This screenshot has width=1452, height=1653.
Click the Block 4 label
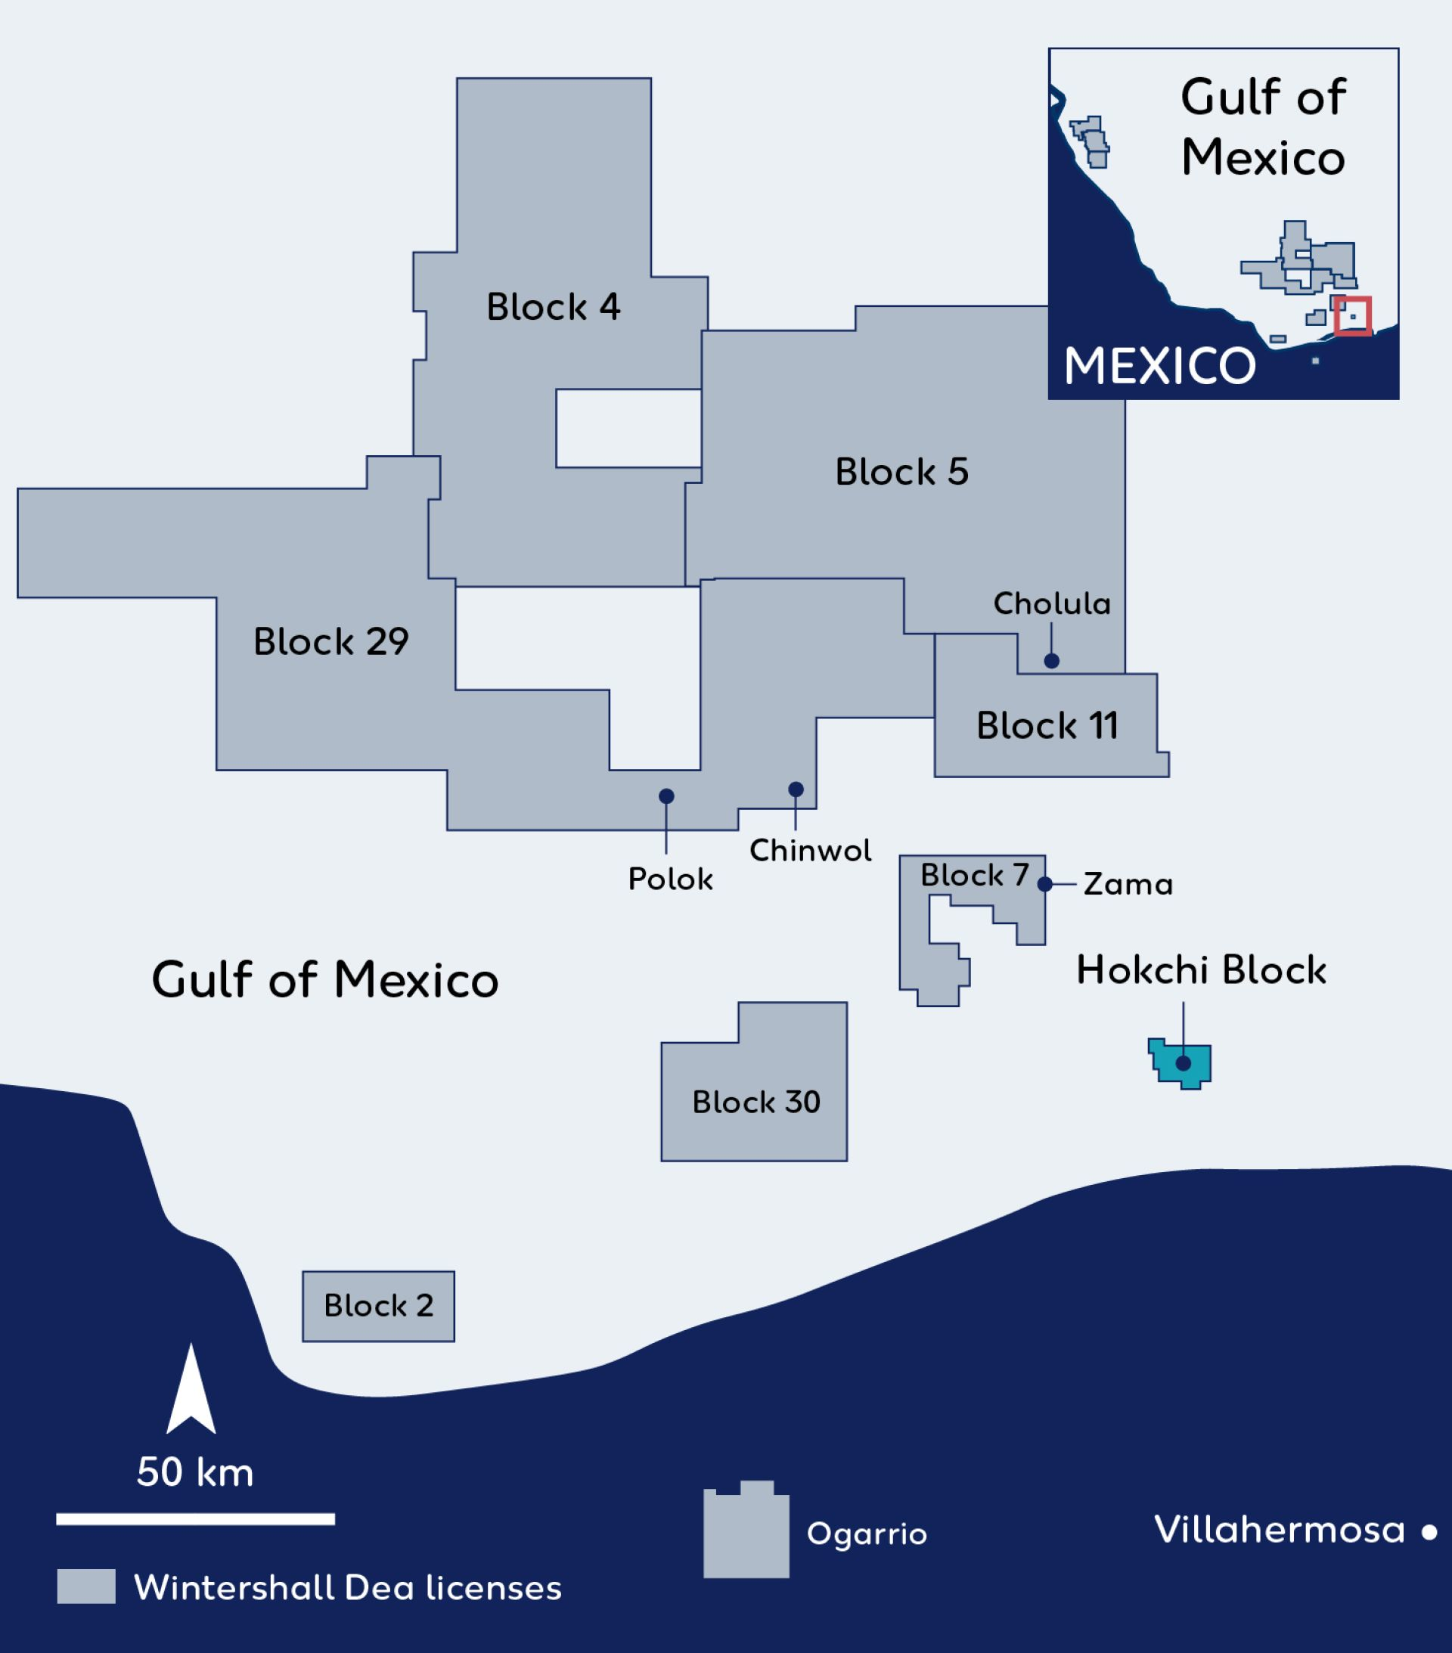pyautogui.click(x=554, y=307)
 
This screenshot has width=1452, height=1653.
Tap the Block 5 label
pyautogui.click(x=901, y=473)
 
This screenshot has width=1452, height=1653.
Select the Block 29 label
pyautogui.click(x=330, y=642)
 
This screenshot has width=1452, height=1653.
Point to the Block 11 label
pyautogui.click(x=1047, y=726)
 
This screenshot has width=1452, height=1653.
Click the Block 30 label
pyautogui.click(x=756, y=1103)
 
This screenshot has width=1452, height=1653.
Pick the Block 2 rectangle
pyautogui.click(x=379, y=1306)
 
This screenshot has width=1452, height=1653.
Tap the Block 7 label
pyautogui.click(x=974, y=875)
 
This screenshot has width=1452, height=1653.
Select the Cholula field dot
pyautogui.click(x=1052, y=661)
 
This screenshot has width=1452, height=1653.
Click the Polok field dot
pyautogui.click(x=666, y=796)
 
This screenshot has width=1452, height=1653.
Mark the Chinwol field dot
pyautogui.click(x=796, y=789)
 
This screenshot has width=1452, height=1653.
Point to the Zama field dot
pyautogui.click(x=1045, y=885)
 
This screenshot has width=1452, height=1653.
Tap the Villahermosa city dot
pyautogui.click(x=1429, y=1532)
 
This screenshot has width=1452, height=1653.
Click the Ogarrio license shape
pyautogui.click(x=746, y=1534)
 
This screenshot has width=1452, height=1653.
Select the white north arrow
pyautogui.click(x=191, y=1390)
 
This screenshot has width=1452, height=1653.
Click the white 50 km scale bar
pyautogui.click(x=195, y=1520)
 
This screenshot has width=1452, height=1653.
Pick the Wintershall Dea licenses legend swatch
pyautogui.click(x=86, y=1586)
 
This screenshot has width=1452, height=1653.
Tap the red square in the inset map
pyautogui.click(x=1352, y=316)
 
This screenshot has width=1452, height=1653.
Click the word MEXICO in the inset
pyautogui.click(x=1159, y=366)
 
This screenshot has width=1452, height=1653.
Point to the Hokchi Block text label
pyautogui.click(x=1200, y=970)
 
